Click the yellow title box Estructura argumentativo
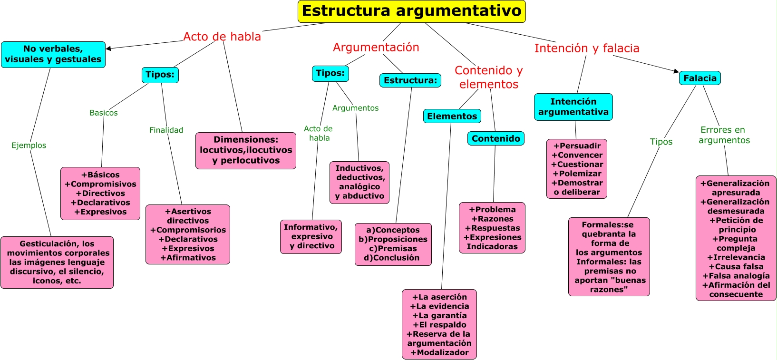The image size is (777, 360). pos(411,11)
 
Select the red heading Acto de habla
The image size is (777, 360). pos(222,37)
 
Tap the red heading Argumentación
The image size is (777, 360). pos(376,48)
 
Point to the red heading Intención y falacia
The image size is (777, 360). pos(587,49)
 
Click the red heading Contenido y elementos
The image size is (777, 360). pos(488,77)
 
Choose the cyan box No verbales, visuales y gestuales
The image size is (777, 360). pos(53,54)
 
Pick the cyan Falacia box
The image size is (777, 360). pos(699,78)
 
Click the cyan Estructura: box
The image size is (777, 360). pos(410,80)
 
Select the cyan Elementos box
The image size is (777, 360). pos(452,116)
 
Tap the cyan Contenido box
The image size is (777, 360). pos(495,138)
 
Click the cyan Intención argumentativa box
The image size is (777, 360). pos(573,107)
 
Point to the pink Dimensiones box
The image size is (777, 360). pos(246,150)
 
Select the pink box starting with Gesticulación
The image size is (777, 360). pos(57,262)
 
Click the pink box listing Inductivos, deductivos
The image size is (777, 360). pos(359,182)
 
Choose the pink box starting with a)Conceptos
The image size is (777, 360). pos(393,244)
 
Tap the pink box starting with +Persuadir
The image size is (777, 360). pos(577,169)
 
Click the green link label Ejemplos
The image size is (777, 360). pos(29,146)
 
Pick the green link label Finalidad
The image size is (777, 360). pos(166,130)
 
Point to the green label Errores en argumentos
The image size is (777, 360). pos(724,135)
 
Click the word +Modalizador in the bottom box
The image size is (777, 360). pos(439,352)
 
